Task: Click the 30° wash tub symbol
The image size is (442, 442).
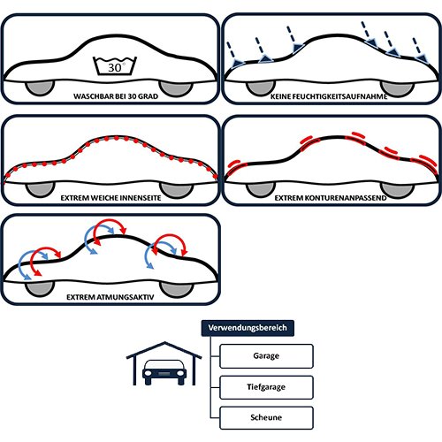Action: (x=115, y=65)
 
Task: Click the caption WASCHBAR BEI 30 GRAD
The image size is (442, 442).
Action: (x=116, y=96)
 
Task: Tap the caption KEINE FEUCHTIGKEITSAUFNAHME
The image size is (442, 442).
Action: (x=329, y=96)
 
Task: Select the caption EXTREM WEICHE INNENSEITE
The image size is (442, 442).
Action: (x=110, y=198)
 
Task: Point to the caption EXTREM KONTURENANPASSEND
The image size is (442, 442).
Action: (x=331, y=198)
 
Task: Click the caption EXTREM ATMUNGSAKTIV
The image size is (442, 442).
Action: (x=110, y=297)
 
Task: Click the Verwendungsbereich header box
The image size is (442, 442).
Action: (x=248, y=328)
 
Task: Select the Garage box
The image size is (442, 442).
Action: (x=266, y=356)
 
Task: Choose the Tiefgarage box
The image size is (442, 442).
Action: (x=266, y=387)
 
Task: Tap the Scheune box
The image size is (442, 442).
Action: (x=266, y=417)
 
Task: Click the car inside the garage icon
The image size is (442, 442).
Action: (x=164, y=372)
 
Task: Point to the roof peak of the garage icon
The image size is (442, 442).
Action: (x=164, y=343)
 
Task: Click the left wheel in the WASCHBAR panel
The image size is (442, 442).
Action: (x=40, y=88)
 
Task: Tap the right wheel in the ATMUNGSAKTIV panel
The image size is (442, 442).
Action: (x=177, y=289)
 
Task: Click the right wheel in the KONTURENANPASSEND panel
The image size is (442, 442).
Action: (x=397, y=189)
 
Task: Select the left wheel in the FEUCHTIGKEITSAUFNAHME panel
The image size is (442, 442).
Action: (x=261, y=88)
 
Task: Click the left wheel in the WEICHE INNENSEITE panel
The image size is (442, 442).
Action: (x=40, y=189)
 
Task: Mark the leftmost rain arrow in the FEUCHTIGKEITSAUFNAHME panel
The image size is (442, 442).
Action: (x=232, y=55)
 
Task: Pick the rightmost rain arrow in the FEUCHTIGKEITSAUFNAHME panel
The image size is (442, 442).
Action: (x=420, y=50)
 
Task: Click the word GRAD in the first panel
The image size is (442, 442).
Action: (x=149, y=96)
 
